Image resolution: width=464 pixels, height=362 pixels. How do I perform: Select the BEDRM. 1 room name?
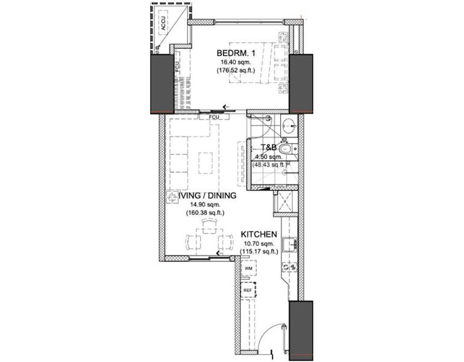click(237, 53)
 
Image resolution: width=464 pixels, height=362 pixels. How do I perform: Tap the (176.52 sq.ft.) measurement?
click(236, 71)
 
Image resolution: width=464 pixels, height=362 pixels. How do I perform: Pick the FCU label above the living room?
click(213, 117)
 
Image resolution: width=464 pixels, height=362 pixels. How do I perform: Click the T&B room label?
click(268, 147)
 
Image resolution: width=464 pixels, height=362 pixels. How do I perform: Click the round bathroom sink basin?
click(289, 126)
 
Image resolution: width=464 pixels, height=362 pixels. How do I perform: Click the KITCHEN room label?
click(259, 234)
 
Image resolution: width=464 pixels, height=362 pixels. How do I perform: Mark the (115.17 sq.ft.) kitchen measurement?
click(259, 252)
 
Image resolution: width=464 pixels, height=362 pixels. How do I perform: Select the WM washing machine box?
click(248, 267)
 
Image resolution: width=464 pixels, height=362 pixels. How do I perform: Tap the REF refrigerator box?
click(248, 290)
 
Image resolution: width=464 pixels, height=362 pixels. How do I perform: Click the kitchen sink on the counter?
click(290, 244)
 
